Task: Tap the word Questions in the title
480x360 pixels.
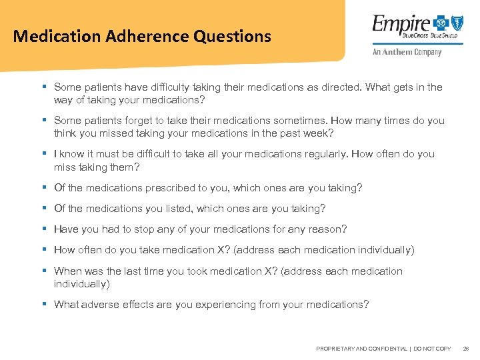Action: tap(233, 36)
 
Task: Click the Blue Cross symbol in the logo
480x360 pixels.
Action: tap(439, 23)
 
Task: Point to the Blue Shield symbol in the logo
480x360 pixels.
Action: tap(457, 23)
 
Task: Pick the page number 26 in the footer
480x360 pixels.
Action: tap(466, 349)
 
